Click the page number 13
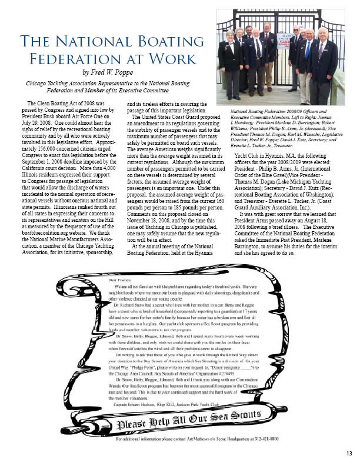(349, 452)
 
